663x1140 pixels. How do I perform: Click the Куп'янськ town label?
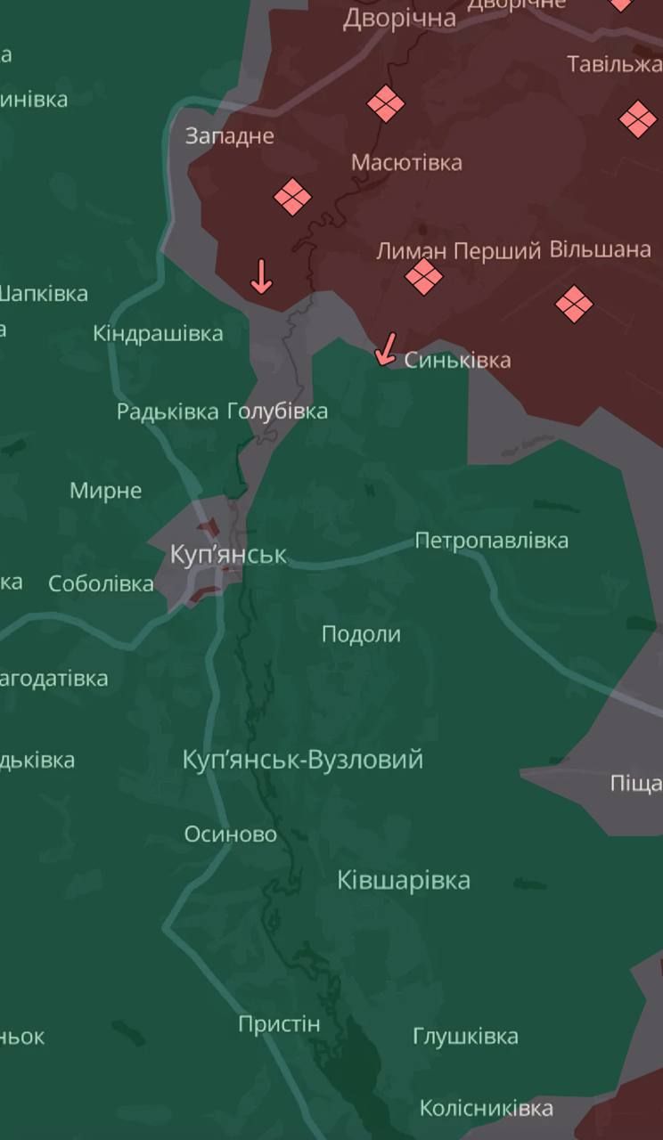228,555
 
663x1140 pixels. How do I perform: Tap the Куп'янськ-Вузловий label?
302,760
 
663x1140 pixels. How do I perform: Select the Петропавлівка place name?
491,541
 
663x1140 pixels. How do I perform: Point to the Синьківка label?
457,360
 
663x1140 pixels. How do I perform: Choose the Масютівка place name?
406,162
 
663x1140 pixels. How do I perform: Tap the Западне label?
229,135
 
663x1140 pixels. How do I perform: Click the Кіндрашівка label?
158,333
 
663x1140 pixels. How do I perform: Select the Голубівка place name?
277,411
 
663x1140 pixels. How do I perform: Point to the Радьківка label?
168,411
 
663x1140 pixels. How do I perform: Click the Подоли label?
361,634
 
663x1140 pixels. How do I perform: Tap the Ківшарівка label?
404,880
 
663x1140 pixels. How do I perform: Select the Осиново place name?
230,835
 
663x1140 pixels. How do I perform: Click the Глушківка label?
465,1036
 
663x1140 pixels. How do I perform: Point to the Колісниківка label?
487,1108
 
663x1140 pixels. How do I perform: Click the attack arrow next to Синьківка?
386,348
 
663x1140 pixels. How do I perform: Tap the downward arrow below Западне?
260,276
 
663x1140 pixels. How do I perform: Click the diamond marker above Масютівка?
386,104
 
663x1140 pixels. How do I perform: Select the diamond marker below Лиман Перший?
423,276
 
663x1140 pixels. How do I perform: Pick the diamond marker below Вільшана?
574,305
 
